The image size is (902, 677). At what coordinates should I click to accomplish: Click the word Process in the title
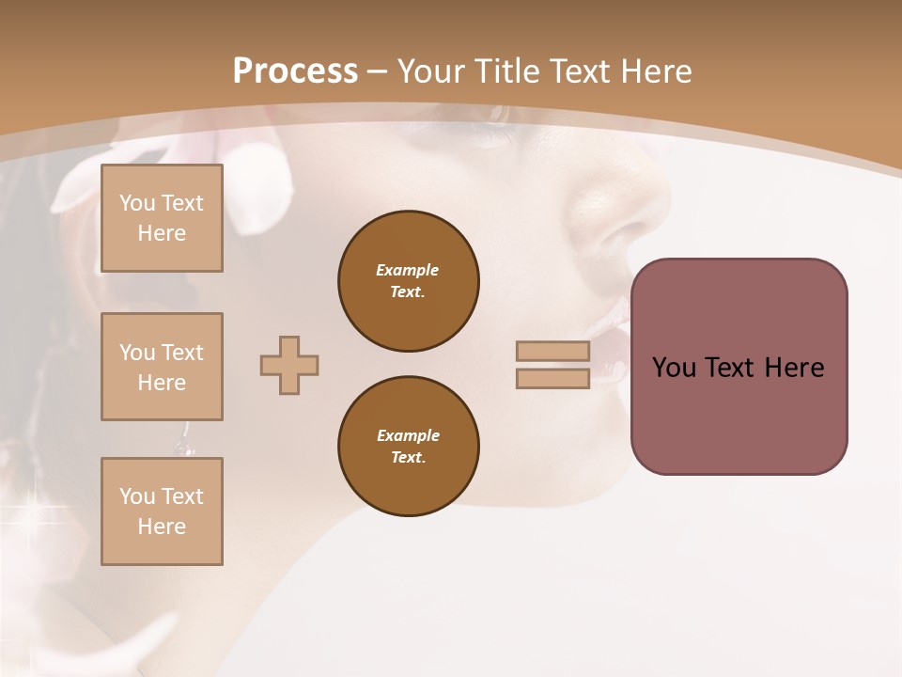(295, 71)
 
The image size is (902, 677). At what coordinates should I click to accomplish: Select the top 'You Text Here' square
(162, 218)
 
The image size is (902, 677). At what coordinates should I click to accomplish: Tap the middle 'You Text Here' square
(162, 367)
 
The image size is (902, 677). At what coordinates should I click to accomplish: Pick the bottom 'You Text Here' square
(162, 512)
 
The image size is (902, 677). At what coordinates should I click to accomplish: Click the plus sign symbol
(289, 365)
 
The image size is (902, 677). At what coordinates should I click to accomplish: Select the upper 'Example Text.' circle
(409, 281)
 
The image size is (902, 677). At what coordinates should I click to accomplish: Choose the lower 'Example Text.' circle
(409, 447)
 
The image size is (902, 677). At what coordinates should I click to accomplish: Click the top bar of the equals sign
(552, 351)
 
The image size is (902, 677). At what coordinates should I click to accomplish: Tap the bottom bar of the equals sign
(552, 378)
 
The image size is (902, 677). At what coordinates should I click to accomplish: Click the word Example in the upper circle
(408, 270)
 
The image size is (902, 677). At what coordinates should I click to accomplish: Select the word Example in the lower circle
(408, 435)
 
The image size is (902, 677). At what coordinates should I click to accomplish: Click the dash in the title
(377, 71)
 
